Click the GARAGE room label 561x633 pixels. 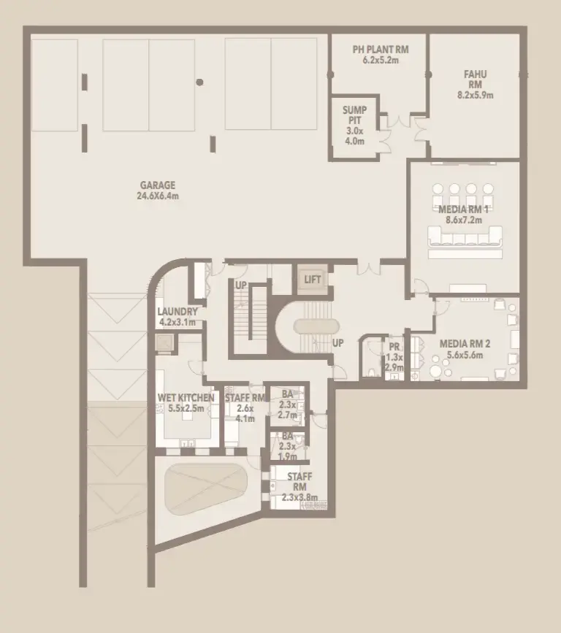click(159, 185)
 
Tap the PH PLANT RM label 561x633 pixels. click(381, 50)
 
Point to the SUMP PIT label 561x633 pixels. click(354, 115)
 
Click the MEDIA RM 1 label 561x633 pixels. click(465, 208)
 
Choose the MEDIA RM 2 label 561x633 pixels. click(463, 342)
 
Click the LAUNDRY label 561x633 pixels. click(178, 311)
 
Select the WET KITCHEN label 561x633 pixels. click(186, 398)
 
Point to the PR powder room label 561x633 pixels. click(393, 347)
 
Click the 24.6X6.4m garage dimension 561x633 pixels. click(159, 196)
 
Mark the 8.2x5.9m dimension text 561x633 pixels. click(475, 95)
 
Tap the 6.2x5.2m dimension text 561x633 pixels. click(381, 60)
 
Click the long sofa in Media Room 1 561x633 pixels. click(465, 235)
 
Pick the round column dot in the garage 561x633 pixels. click(199, 82)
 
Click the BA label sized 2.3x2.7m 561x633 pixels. click(286, 394)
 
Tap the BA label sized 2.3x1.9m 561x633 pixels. click(286, 437)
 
